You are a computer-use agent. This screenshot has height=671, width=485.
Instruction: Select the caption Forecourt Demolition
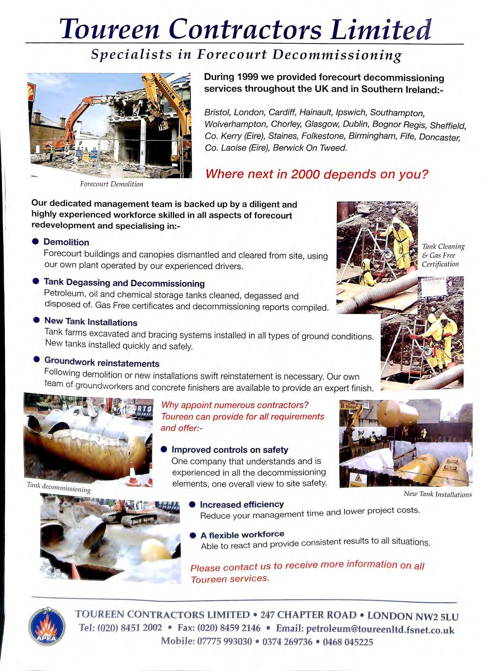pos(111,184)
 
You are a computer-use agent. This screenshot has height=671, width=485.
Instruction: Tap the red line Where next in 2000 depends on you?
pos(316,174)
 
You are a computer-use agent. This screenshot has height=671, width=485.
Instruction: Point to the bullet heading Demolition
pos(66,242)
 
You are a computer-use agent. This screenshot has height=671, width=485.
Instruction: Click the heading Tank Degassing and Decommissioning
pos(124,283)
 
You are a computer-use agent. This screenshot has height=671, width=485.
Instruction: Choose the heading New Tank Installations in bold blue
pos(91,322)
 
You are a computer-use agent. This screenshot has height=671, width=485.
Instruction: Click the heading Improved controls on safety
pos(230,450)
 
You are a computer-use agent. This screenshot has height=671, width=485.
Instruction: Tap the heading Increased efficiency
pos(242,504)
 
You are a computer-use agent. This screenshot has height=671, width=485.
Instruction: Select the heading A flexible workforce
pos(242,535)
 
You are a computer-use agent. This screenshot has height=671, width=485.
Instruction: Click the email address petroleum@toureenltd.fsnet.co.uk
pos(380,629)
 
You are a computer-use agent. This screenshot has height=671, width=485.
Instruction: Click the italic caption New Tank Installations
pos(438,495)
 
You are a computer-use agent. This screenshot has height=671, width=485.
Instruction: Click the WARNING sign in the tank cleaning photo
pos(434,285)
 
